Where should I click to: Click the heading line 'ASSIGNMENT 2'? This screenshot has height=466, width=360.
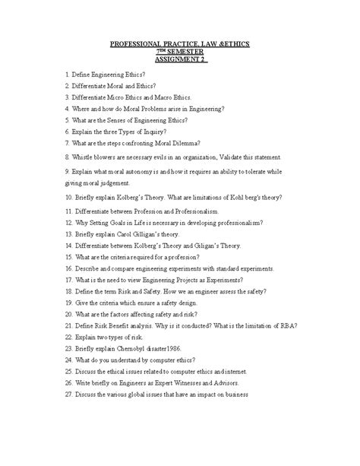(x=181, y=59)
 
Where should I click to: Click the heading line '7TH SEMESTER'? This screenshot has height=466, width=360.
(x=181, y=51)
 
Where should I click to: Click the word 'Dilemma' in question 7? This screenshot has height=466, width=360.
(x=182, y=141)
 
